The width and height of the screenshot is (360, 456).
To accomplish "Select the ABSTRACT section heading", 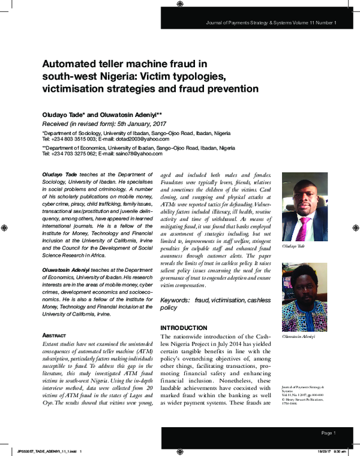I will [58, 335].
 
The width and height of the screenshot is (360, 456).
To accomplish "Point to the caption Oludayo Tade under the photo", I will [293, 246].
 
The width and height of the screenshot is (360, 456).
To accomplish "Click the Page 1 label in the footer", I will [329, 433].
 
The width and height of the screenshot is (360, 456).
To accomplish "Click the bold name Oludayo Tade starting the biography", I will [61, 173].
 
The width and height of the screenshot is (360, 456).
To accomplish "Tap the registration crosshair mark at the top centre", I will [180, 4].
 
